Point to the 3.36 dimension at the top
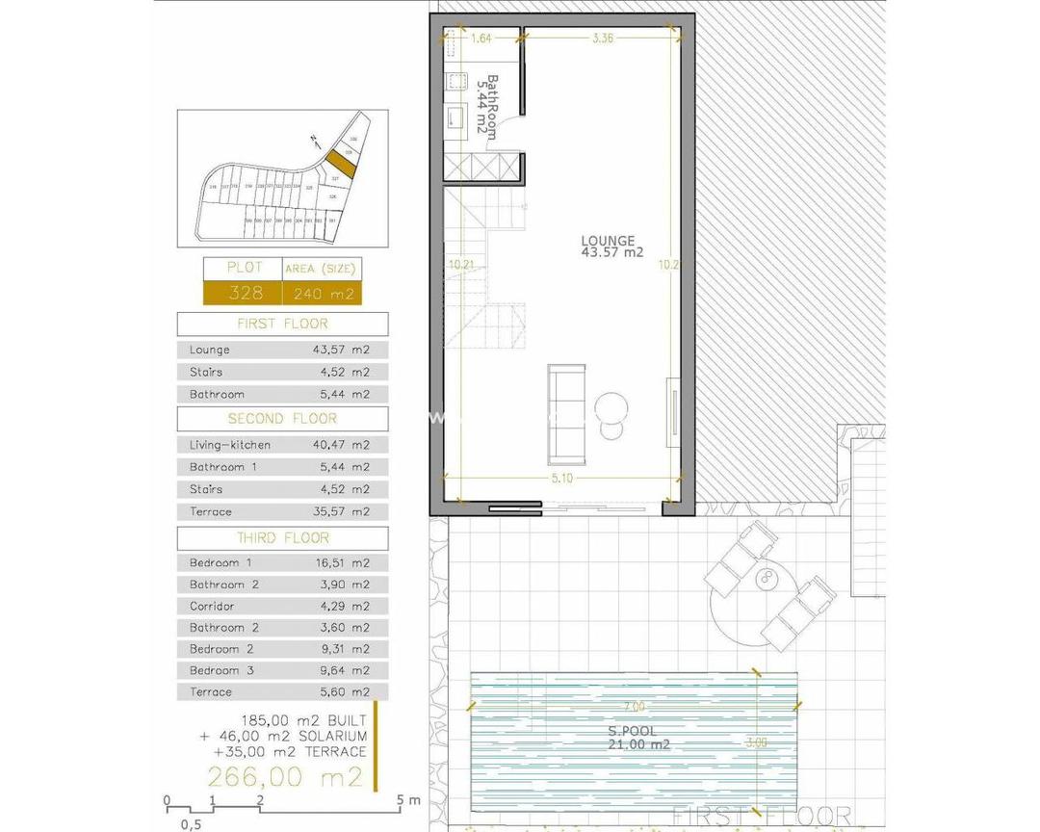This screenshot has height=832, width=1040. [x=603, y=39]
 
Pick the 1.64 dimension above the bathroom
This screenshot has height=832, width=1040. [x=481, y=39]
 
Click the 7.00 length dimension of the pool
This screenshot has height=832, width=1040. [x=634, y=707]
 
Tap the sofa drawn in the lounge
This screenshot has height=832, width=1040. [x=566, y=412]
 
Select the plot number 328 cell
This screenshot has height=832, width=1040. [x=241, y=293]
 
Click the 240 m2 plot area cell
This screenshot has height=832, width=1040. [x=322, y=293]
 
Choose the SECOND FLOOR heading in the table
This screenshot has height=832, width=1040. [x=282, y=419]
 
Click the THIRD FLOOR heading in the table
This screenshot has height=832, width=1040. [x=282, y=538]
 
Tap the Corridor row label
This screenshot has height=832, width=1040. [x=212, y=607]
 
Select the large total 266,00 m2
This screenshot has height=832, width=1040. [x=287, y=776]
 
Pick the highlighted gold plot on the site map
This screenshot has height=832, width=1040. [x=339, y=161]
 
